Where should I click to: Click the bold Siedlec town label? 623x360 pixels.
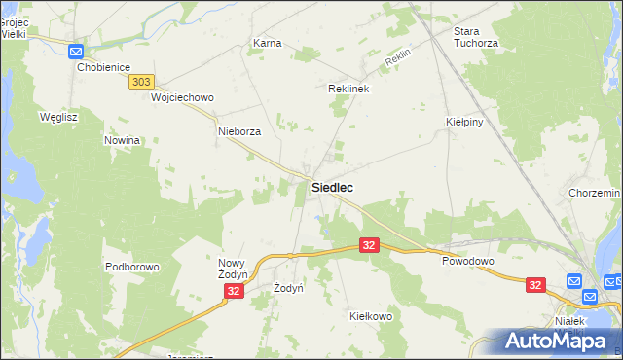pos(332,187)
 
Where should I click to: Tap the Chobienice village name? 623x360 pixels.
pos(103,67)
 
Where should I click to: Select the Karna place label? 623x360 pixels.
pos(267,44)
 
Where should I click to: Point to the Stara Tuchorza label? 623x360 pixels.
pos(476,37)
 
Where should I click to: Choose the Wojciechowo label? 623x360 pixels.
pos(182,98)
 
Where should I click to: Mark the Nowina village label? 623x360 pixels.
pos(123,140)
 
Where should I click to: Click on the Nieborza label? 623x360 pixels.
pos(239,131)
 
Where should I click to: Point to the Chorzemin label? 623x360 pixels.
pos(595,194)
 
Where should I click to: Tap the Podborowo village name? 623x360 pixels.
pos(131,267)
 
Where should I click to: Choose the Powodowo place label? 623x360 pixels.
pos(468,262)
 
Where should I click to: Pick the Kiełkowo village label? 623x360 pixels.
pos(370,316)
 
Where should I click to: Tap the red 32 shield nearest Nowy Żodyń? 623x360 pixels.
pos(233,291)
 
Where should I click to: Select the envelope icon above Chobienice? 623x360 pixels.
pos(76,52)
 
